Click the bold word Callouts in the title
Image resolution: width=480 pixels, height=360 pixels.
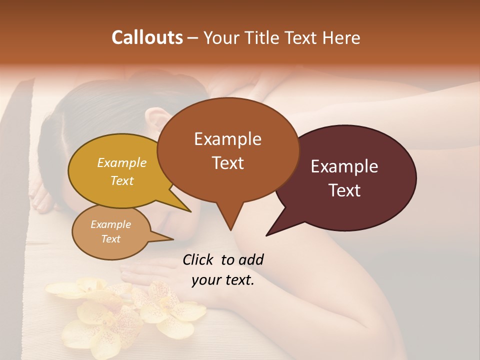tap(147, 37)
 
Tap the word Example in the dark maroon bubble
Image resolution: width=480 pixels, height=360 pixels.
tap(344, 166)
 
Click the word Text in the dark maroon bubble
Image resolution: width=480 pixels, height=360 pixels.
tap(344, 190)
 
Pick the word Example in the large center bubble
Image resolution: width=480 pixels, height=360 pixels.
tap(227, 139)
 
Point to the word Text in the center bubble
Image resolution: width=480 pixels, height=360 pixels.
tap(228, 163)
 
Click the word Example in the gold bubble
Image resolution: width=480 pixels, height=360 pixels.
tap(122, 163)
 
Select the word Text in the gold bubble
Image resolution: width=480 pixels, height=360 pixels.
tap(122, 180)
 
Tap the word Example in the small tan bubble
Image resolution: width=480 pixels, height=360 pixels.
tap(111, 224)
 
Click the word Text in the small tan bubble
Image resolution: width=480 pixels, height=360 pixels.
tap(111, 239)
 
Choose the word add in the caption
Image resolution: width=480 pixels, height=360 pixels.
tap(251, 259)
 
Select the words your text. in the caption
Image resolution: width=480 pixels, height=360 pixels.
tap(223, 280)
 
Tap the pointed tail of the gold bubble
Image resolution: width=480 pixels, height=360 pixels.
tap(190, 211)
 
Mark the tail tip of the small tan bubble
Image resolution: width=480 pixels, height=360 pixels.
tap(172, 239)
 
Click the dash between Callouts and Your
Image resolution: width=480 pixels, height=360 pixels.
tap(192, 38)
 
